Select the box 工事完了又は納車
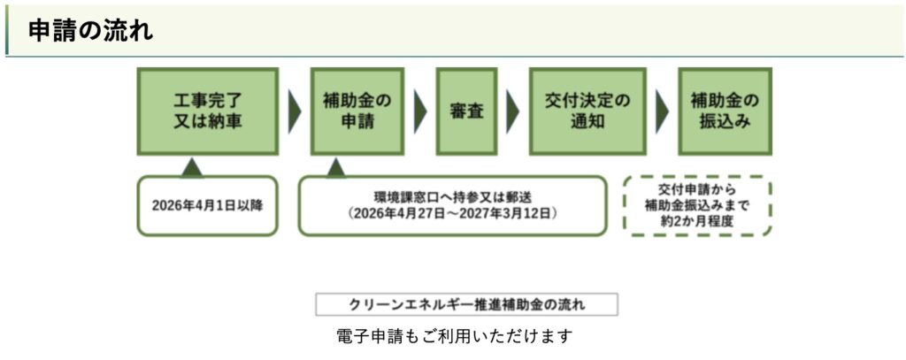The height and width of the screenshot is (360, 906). [207, 111]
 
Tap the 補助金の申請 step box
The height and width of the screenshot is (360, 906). [357, 111]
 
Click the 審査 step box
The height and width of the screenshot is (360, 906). [465, 111]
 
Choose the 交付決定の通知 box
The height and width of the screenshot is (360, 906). [587, 111]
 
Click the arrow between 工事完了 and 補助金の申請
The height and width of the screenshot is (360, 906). [295, 111]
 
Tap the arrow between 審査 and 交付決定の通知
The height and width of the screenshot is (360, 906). [512, 111]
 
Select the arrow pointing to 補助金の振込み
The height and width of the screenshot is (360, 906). [661, 111]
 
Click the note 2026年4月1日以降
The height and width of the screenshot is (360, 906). [207, 206]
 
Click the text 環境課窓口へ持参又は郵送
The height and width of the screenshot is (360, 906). [452, 196]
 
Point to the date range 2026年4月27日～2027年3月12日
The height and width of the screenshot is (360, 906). [452, 214]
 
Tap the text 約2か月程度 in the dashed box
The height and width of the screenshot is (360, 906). [697, 221]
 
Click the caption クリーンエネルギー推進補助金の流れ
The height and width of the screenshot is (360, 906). [466, 305]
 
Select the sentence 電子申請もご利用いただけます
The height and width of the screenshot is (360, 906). [455, 337]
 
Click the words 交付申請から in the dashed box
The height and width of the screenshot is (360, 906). [697, 189]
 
